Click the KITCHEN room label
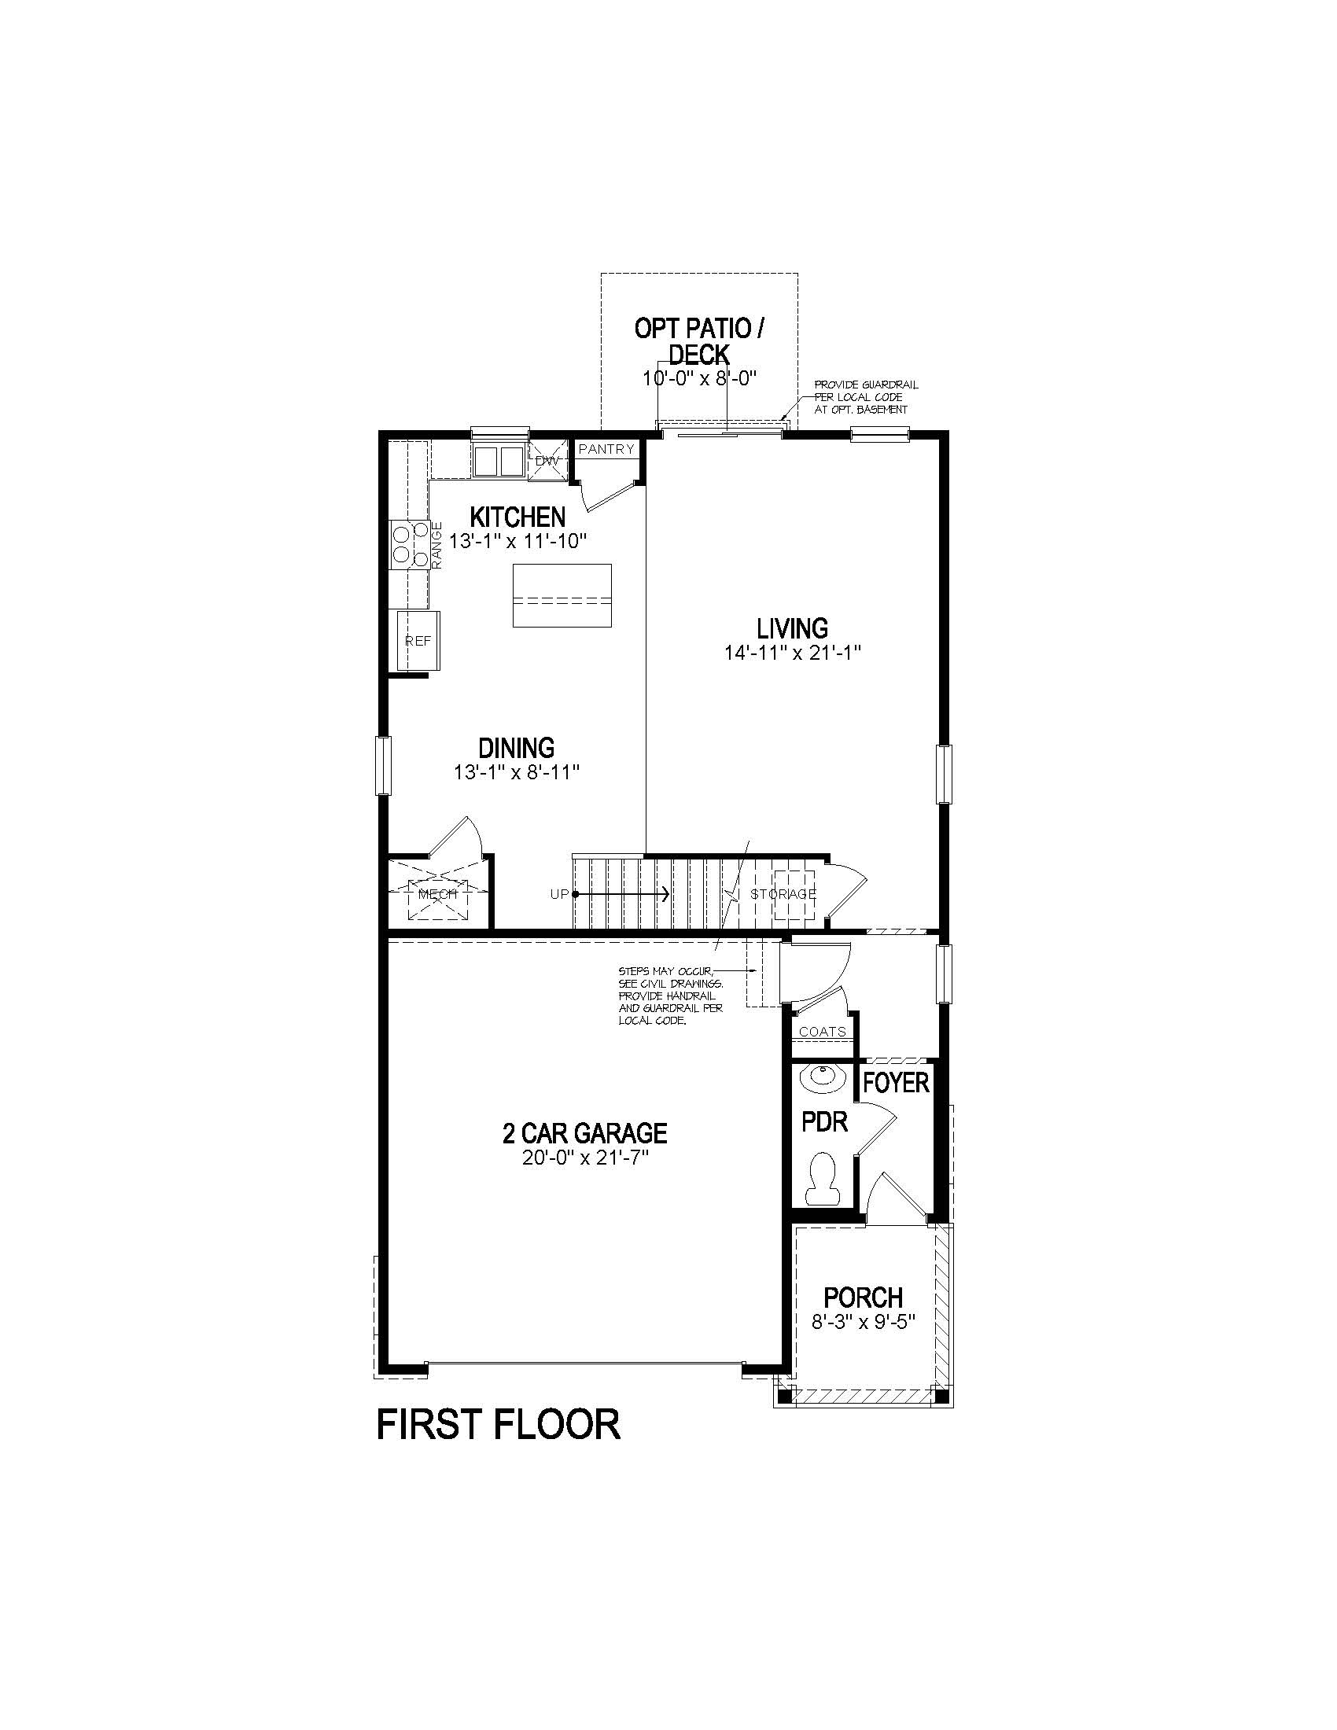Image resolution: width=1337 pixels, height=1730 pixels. coord(517,517)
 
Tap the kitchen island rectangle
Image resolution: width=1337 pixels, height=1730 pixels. coord(562,595)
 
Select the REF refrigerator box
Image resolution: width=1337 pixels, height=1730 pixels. coord(418,640)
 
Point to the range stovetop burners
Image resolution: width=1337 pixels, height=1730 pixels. coord(409,543)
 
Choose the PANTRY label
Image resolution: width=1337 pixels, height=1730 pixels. coord(606,449)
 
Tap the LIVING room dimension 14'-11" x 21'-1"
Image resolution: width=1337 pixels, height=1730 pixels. coord(791,653)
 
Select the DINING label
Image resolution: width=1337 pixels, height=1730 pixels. coord(517,747)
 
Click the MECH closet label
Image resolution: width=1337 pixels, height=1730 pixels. coord(437,893)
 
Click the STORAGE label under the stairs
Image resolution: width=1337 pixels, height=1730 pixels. coord(783,894)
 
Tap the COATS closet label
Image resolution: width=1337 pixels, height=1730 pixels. coord(822,1032)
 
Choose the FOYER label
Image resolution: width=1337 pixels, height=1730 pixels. coord(895,1083)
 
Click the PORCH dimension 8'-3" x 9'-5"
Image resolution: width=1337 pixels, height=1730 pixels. coord(864,1322)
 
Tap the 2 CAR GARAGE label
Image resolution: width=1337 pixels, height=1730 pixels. coord(584,1132)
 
